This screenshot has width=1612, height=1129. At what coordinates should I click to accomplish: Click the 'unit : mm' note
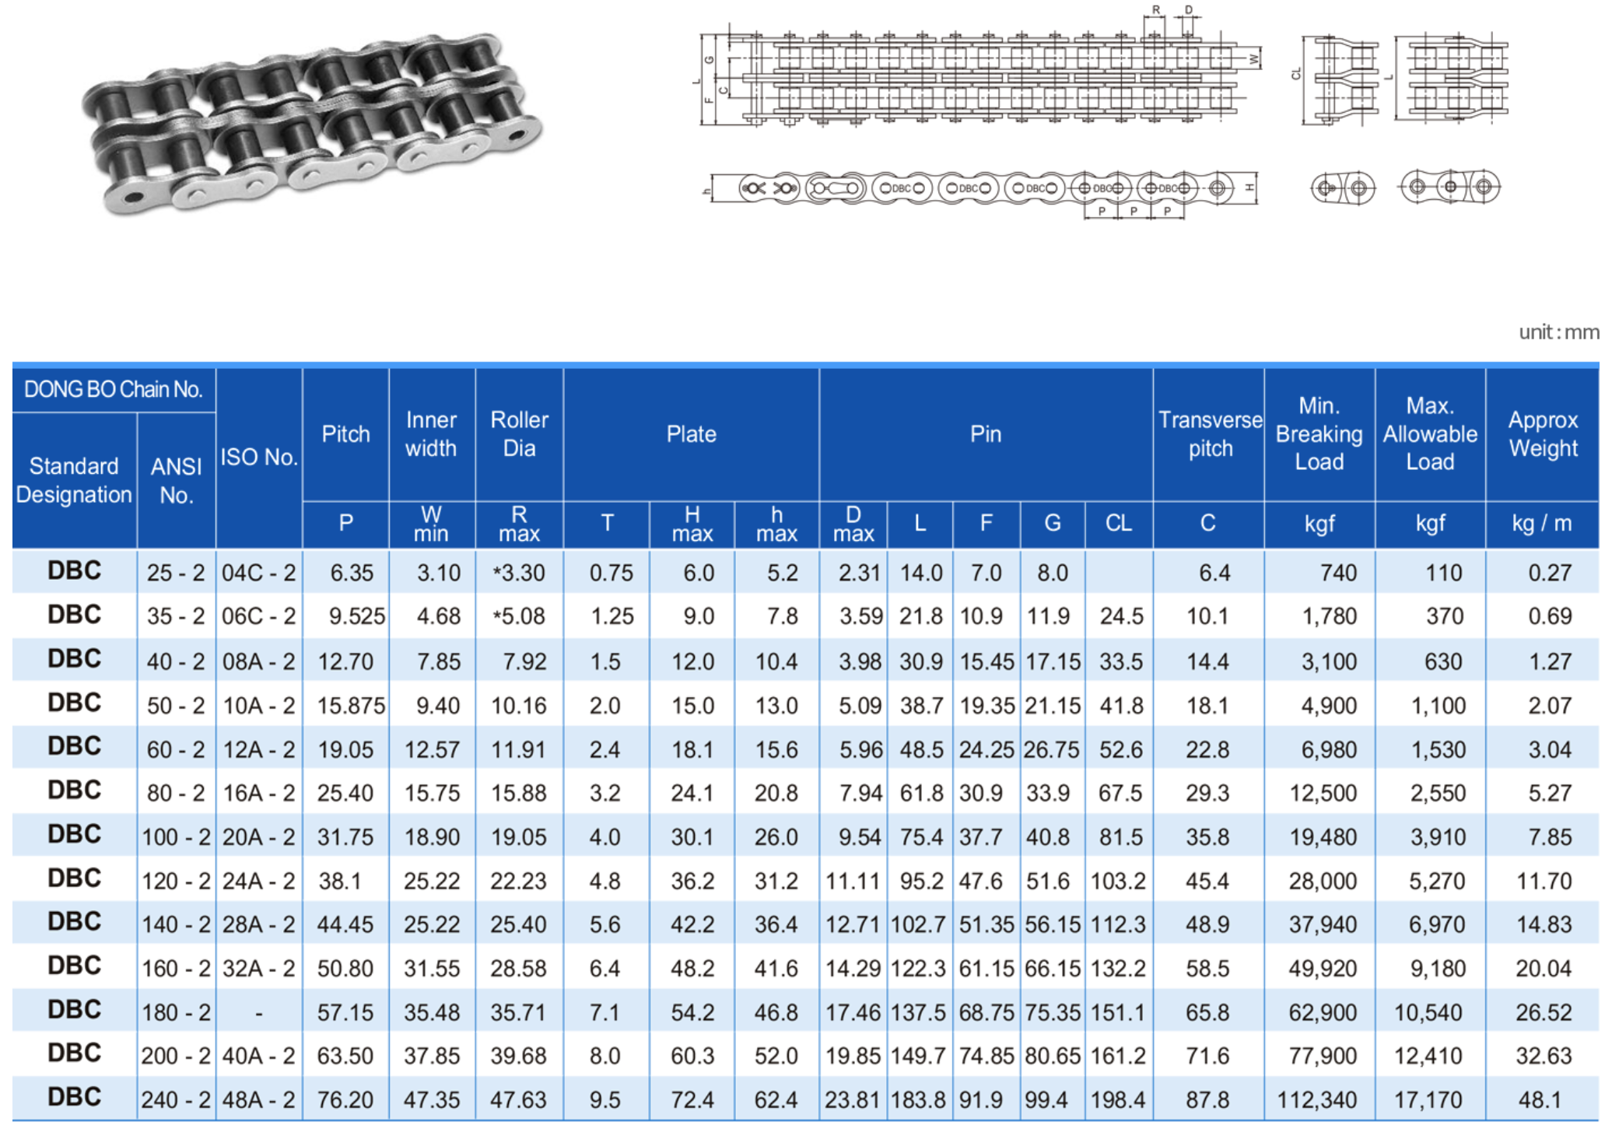(x=1558, y=333)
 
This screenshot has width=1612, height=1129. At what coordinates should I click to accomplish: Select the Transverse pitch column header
(x=1210, y=434)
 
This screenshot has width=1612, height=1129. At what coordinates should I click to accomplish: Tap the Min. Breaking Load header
(x=1319, y=434)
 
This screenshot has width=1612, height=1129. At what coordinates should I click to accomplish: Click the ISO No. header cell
(x=259, y=458)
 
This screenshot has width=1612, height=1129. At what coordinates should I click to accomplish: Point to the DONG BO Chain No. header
(x=114, y=389)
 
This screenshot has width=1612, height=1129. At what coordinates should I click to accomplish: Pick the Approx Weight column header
(x=1543, y=434)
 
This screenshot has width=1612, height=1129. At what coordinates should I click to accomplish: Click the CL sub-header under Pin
(x=1118, y=523)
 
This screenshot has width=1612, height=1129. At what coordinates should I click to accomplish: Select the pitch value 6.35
(x=352, y=573)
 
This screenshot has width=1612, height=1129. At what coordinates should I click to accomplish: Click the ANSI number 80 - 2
(x=176, y=793)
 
